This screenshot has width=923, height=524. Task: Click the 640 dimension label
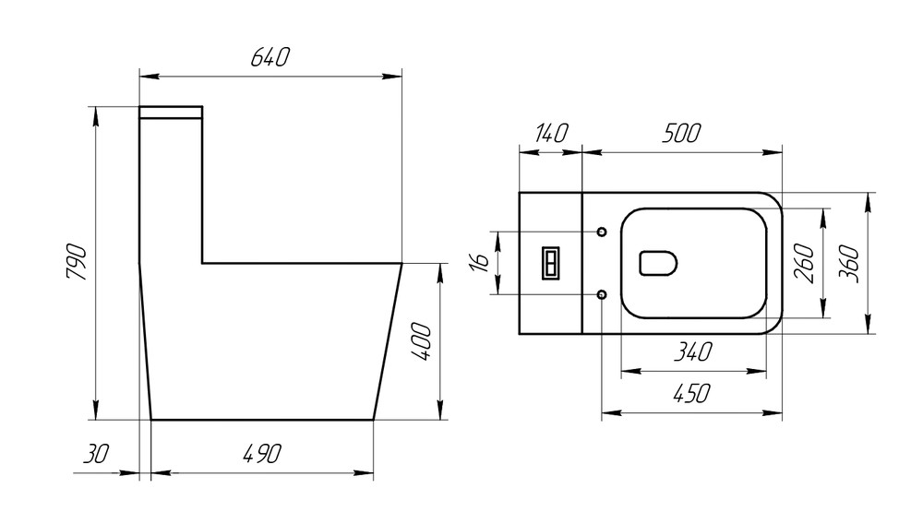coord(270,57)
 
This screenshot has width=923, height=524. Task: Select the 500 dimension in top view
coord(680,133)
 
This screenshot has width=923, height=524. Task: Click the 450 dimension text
coord(691,395)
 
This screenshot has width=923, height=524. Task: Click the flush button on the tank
coord(550,263)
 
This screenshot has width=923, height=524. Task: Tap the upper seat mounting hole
coord(602,231)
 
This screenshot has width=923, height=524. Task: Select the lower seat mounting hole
coord(602,294)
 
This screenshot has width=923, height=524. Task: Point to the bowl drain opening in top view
coord(657,263)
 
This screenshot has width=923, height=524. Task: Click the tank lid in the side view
coord(171,113)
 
